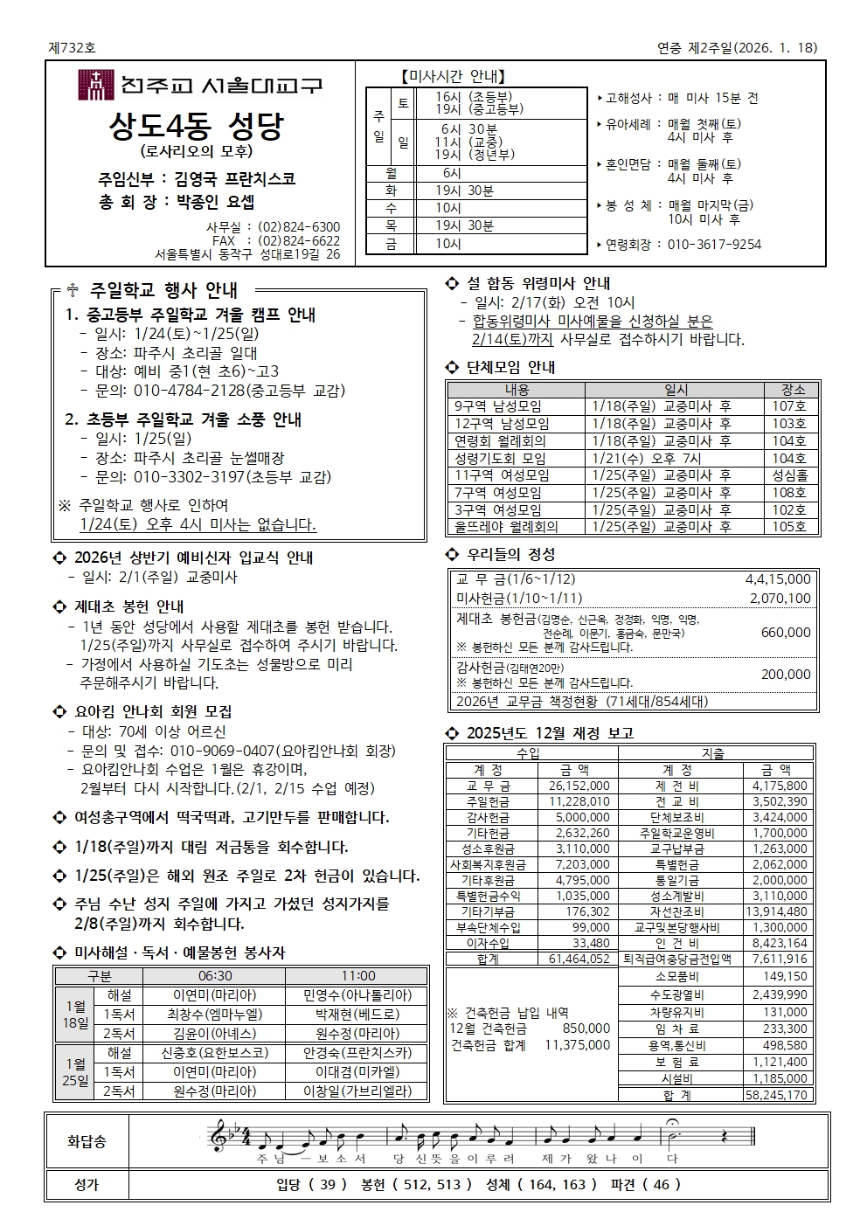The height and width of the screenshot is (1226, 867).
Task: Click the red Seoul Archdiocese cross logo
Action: click(x=96, y=85)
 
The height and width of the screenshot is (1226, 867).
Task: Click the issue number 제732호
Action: click(x=73, y=48)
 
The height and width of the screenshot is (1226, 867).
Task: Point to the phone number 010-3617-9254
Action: click(x=714, y=245)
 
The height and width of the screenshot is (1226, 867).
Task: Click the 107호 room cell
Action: click(x=788, y=406)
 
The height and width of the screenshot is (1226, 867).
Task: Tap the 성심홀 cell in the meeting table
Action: click(x=789, y=475)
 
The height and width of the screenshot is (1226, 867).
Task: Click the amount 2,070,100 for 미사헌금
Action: click(x=780, y=599)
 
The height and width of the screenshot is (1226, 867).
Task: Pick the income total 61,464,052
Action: click(x=579, y=959)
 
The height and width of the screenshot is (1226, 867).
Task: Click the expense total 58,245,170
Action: click(x=776, y=1095)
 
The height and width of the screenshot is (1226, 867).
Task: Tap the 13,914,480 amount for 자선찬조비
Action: click(x=776, y=911)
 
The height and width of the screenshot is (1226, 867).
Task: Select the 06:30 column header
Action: click(x=215, y=976)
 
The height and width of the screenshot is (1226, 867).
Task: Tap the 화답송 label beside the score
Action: click(x=87, y=1141)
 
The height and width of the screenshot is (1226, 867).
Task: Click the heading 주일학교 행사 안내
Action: click(x=163, y=290)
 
